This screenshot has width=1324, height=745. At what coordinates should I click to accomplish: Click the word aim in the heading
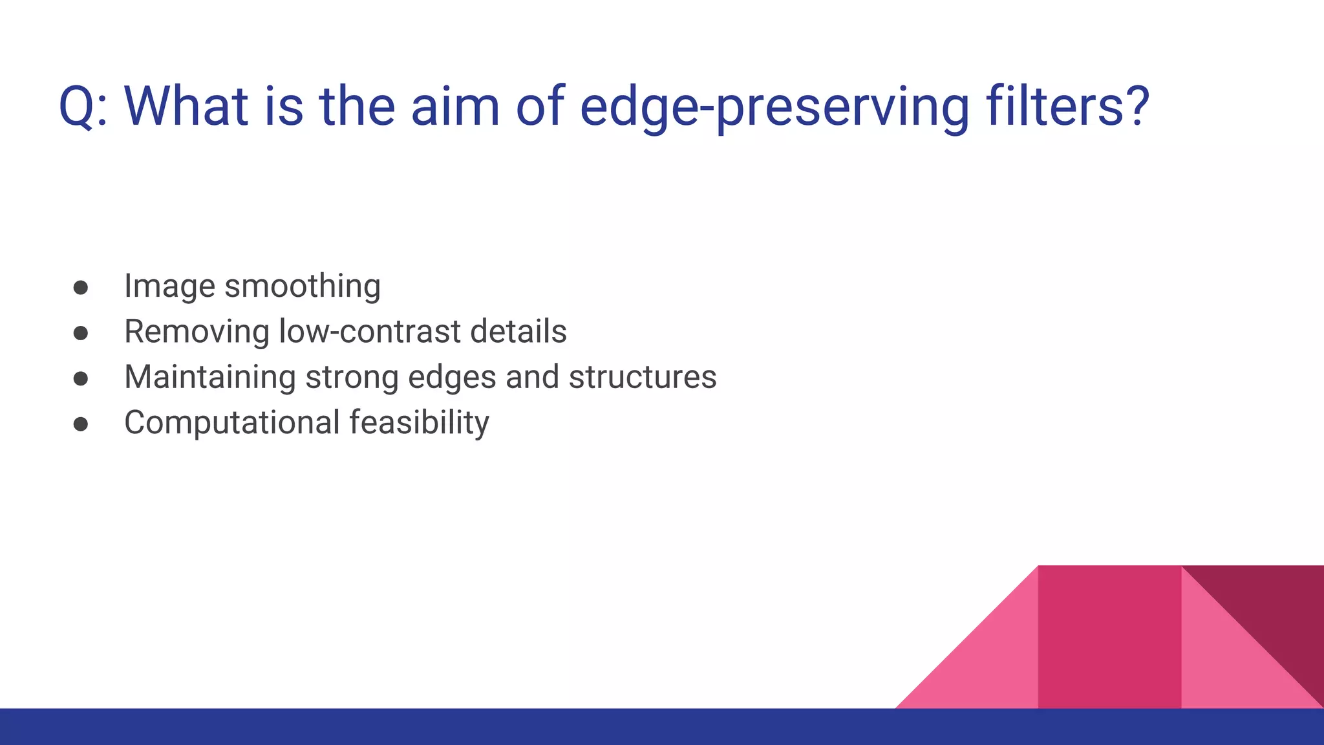point(455,107)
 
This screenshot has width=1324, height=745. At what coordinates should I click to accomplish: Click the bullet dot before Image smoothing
point(81,287)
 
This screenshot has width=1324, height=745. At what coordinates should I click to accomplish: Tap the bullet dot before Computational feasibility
point(81,424)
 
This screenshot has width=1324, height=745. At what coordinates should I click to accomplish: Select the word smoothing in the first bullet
point(302,287)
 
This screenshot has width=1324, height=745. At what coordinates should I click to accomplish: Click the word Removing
point(197,332)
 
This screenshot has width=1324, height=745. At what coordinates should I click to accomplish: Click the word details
point(518,332)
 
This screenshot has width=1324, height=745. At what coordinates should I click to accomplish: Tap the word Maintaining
point(209,377)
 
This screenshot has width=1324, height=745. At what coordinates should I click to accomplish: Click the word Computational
point(231,422)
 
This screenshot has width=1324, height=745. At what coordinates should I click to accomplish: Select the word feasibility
point(419,422)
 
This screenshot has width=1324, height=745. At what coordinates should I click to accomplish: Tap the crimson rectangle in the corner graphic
point(1109,637)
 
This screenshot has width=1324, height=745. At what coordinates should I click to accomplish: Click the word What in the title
point(186,107)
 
